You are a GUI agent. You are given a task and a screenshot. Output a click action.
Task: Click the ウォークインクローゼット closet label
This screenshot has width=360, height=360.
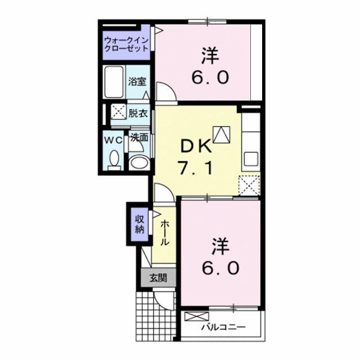point(127,44)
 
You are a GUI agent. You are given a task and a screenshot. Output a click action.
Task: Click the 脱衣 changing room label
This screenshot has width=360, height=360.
point(137,113)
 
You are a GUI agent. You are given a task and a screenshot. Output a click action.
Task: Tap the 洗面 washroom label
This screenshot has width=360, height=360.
point(139,137)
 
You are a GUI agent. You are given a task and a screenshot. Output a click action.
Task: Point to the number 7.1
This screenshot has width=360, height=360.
point(196,167)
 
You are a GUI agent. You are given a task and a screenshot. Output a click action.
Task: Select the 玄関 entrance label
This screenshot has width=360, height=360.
point(158,277)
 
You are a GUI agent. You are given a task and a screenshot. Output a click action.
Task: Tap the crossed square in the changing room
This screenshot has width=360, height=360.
point(118,112)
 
